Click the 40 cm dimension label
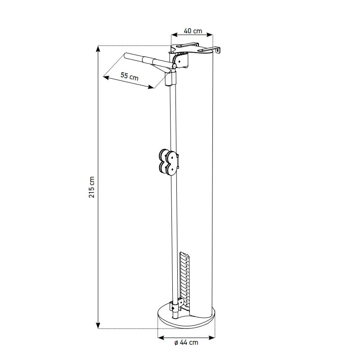point(193,31)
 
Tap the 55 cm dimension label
point(130,76)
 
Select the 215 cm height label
point(92,187)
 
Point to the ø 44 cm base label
point(186,342)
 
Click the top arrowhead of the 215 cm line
point(98,49)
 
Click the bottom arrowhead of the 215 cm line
point(98,325)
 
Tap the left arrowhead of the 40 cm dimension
point(175,35)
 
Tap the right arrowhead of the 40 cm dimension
point(210,35)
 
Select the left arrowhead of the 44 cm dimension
point(161,337)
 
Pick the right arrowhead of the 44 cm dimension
point(212,337)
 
